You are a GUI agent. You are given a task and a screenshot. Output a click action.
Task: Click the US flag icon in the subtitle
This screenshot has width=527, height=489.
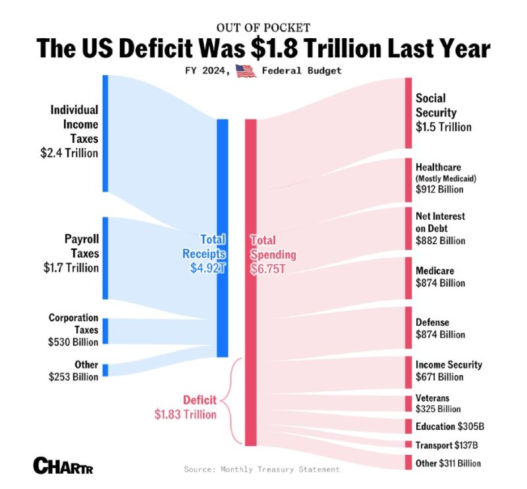coord(246,71)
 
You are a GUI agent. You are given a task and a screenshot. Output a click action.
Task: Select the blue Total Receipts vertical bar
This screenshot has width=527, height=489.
coord(223,237)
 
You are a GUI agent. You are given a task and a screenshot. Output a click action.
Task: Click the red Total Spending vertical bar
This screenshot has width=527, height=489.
coord(250,283)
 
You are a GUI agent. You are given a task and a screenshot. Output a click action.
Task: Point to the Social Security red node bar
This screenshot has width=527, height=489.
coord(408,113)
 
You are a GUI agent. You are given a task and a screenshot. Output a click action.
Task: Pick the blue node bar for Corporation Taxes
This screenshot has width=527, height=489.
coord(105,330)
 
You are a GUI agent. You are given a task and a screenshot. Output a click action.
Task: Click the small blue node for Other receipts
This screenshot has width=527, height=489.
coord(105,370)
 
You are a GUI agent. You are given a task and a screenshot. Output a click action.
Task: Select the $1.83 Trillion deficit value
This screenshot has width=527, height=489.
coord(185,414)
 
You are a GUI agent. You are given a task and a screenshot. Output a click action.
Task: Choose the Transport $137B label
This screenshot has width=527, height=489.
coord(447,444)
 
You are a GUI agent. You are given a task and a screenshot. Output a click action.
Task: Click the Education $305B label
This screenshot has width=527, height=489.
coord(451,426)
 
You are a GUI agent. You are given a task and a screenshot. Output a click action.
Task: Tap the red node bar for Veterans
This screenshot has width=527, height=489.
coord(408,403)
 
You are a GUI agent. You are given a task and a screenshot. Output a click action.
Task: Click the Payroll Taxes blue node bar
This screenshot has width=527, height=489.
coord(105,257)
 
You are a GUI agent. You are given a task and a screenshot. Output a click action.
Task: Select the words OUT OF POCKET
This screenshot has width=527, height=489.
coord(263,28)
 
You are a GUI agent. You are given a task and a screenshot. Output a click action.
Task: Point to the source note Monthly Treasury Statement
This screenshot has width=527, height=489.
coord(262,469)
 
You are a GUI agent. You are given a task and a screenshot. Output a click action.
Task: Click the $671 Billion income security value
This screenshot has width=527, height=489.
coord(440,377)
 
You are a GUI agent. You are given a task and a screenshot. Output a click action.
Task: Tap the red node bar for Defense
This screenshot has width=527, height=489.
coord(408,327)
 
